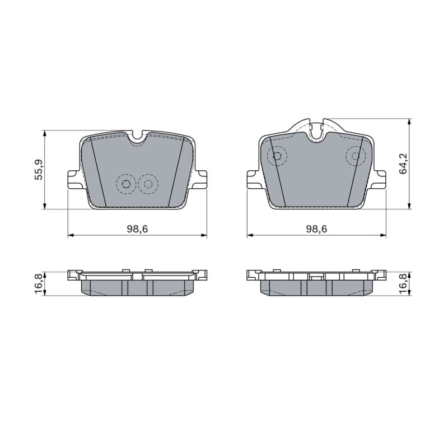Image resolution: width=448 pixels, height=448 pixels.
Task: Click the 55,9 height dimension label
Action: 39,169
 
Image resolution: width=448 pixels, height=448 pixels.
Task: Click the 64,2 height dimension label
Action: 404,164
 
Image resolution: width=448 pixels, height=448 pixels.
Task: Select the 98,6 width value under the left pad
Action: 137,228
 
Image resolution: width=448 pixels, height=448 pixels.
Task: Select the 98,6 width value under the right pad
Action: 316,228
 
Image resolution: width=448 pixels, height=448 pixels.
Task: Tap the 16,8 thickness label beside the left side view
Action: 39,283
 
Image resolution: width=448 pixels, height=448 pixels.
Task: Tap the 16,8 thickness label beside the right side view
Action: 404,283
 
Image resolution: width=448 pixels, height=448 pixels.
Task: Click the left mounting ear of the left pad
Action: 75,179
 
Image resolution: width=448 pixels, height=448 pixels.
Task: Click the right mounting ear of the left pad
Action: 199,179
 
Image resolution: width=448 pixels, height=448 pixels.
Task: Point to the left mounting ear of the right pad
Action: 254,179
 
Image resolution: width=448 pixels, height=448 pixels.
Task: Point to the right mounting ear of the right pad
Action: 379,179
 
